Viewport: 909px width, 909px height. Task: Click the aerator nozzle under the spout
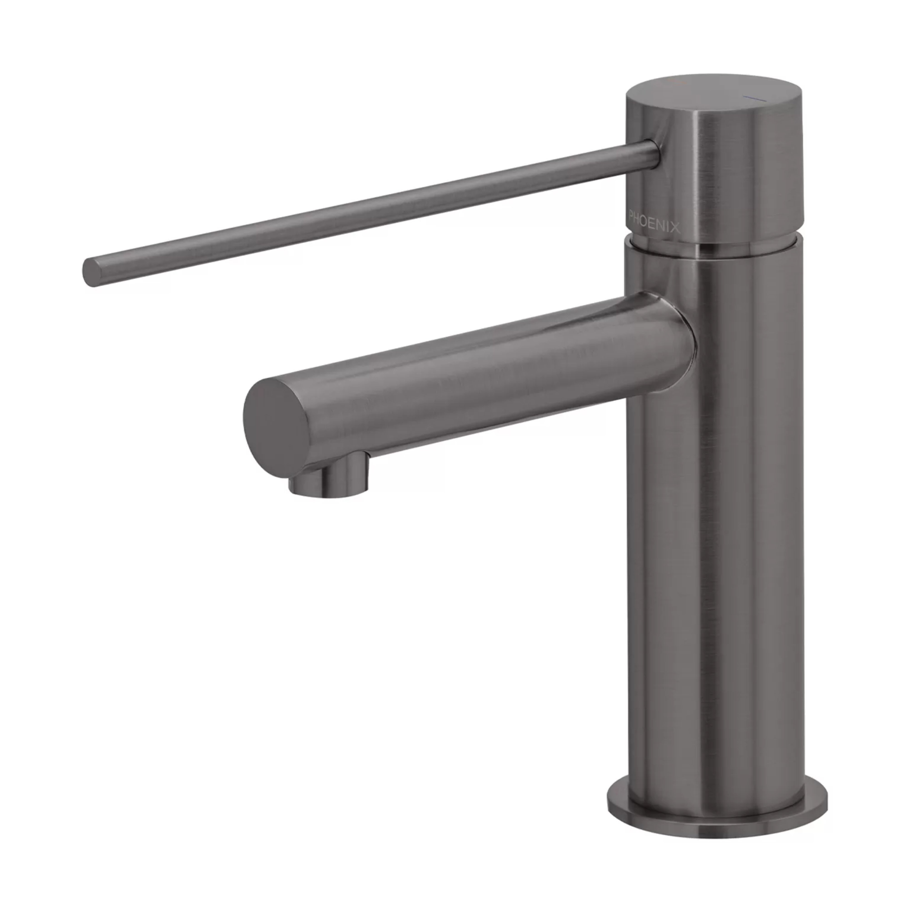329,475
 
